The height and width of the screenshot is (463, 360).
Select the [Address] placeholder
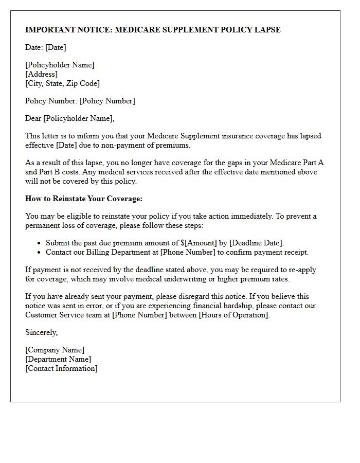pyautogui.click(x=41, y=74)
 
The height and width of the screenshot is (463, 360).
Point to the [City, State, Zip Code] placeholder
pyautogui.click(x=62, y=83)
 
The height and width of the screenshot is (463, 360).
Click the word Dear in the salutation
pyautogui.click(x=33, y=118)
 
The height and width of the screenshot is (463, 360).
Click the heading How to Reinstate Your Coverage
pyautogui.click(x=84, y=199)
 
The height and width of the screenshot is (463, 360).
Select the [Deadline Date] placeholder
pyautogui.click(x=254, y=243)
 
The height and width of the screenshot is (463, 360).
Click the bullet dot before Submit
pyautogui.click(x=40, y=243)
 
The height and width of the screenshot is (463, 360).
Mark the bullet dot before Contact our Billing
pyautogui.click(x=40, y=252)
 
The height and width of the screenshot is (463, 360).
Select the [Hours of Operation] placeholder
pyautogui.click(x=233, y=315)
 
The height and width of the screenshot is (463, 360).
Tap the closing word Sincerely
pyautogui.click(x=41, y=332)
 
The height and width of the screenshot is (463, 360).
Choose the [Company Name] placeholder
pyautogui.click(x=55, y=350)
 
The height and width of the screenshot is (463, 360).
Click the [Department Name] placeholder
pyautogui.click(x=58, y=359)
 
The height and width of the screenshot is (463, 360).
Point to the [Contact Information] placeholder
pyautogui.click(x=61, y=368)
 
